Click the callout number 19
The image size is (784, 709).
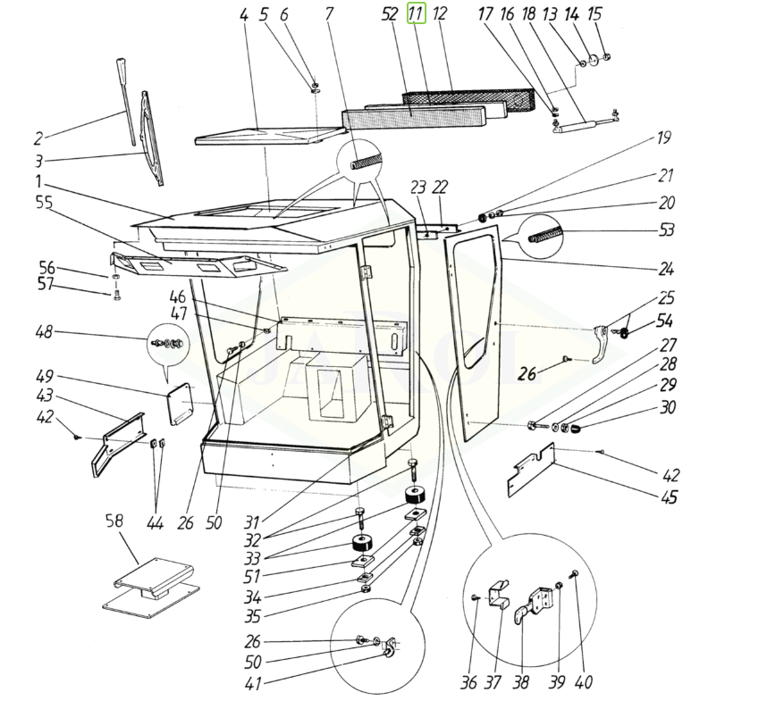663,139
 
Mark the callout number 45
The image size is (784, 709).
670,498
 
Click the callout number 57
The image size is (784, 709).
45,285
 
